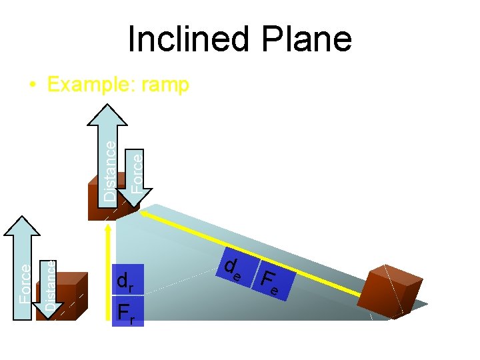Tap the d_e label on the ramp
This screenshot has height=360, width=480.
233,268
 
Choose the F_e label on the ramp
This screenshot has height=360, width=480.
270,282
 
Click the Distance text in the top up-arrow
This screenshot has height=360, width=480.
110,169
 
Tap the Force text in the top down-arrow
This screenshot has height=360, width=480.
136,172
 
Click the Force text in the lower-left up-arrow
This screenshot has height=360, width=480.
25,283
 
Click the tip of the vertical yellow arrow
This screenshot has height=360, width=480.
107,227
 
